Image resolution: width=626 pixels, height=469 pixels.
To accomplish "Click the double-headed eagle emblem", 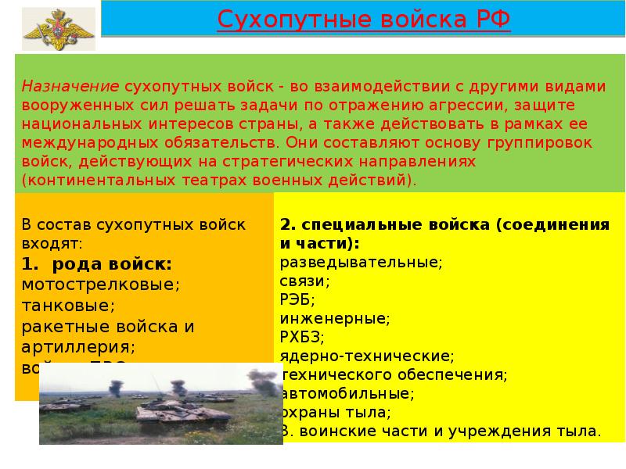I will pyautogui.click(x=54, y=32).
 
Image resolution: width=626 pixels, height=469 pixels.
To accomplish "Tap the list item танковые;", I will pyautogui.click(x=68, y=305).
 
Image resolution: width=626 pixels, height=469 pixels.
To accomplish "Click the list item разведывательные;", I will pyautogui.click(x=361, y=262).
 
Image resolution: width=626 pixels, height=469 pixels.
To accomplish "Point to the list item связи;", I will pyautogui.click(x=304, y=281).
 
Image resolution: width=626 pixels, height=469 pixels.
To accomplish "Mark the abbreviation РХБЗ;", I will pyautogui.click(x=302, y=337).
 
